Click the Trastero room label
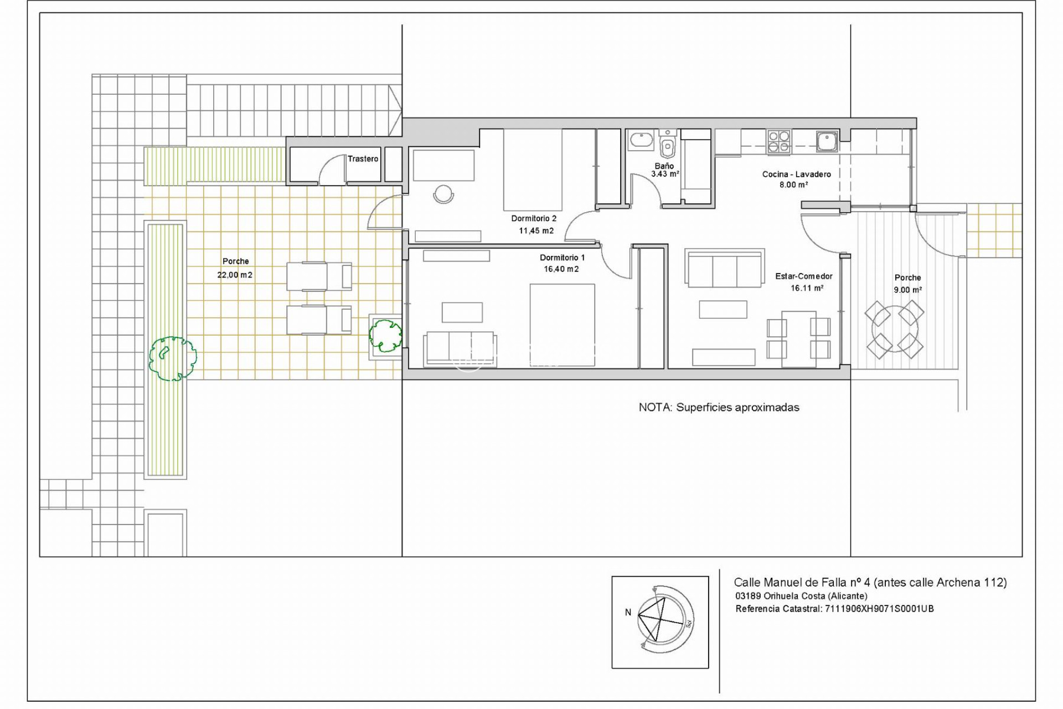[x=363, y=159]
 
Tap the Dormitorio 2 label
[x=534, y=219]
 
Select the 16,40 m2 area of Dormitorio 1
[x=561, y=269]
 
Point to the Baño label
[x=664, y=166]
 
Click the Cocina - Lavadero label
[x=796, y=174]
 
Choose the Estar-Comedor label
[x=804, y=276]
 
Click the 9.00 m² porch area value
[x=908, y=290]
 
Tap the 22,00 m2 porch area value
[x=235, y=275]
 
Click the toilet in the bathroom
[x=668, y=146]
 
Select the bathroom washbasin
[x=642, y=140]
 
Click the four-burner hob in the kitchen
[x=778, y=141]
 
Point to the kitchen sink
[x=827, y=141]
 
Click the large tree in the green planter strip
[x=173, y=358]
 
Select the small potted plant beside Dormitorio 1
[x=385, y=335]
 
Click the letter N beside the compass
[x=628, y=612]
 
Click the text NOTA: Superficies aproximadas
[x=719, y=408]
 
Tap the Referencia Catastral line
[x=834, y=609]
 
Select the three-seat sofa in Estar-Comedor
[x=724, y=268]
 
